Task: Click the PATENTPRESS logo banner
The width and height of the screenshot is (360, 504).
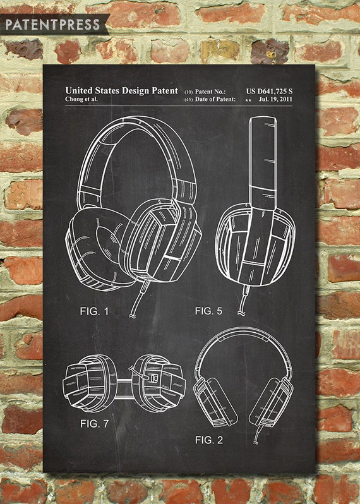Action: [x=54, y=25]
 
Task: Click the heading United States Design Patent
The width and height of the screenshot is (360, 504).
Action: [x=121, y=91]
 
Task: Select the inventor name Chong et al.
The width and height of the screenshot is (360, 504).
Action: [x=81, y=99]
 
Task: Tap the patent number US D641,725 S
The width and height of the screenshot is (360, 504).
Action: [x=269, y=92]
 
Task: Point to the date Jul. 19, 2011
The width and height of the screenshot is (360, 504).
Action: [x=275, y=99]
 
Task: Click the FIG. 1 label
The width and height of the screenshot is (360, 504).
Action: [x=94, y=311]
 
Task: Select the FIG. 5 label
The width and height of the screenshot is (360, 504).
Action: [x=208, y=311]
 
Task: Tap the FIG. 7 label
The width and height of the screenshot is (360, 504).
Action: [x=95, y=424]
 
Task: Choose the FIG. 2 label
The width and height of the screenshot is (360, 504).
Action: [x=208, y=440]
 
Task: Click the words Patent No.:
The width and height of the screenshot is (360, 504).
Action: [x=210, y=92]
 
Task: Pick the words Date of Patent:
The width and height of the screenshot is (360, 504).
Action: [x=215, y=99]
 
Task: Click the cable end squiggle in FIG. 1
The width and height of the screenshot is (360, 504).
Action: [x=133, y=316]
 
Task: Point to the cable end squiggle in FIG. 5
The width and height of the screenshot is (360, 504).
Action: [x=241, y=313]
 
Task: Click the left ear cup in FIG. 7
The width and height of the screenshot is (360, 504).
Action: [x=90, y=383]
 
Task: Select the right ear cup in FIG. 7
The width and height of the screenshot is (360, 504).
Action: [x=159, y=383]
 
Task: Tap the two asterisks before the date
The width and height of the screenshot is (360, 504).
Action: [x=248, y=100]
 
